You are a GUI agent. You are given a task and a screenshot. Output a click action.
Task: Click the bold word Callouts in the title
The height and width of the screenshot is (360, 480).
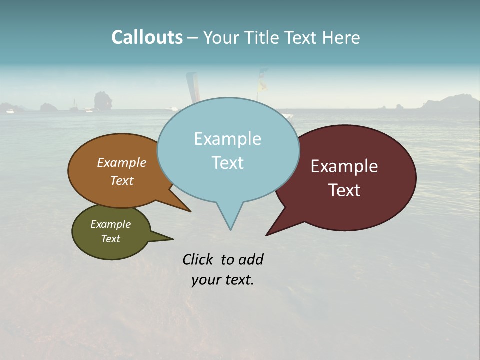147,37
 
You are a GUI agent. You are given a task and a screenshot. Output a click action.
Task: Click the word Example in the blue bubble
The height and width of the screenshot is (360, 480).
227,139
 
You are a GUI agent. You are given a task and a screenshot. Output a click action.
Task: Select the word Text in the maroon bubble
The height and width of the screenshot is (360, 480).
344,190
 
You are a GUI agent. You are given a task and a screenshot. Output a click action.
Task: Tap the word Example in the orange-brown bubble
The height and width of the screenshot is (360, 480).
122,163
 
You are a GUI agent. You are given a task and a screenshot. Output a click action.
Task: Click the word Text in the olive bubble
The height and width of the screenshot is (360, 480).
111,239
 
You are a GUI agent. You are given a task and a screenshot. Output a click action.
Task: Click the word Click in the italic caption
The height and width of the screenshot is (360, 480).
198,259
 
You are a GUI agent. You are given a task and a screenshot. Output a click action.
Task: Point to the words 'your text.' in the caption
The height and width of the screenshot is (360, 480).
223,280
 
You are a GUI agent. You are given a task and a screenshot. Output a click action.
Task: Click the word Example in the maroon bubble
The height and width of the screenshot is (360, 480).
344,166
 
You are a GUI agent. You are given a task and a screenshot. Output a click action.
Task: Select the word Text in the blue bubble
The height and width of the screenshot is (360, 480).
227,163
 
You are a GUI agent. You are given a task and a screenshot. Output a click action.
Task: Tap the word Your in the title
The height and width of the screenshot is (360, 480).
219,37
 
